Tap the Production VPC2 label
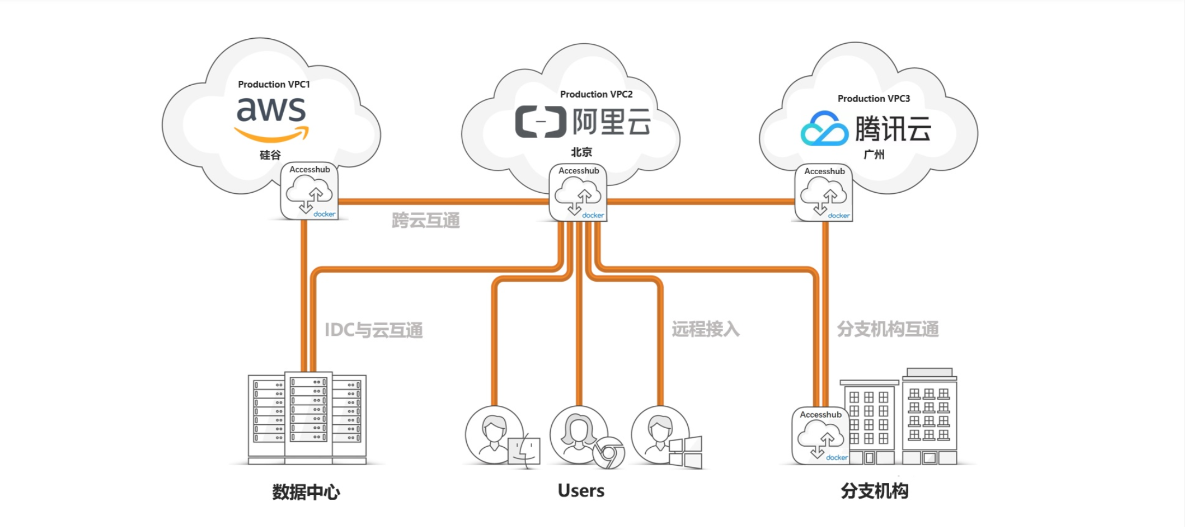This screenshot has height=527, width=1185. click(x=596, y=94)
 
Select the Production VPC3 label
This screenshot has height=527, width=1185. click(x=873, y=99)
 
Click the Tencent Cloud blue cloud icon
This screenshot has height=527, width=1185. click(x=824, y=129)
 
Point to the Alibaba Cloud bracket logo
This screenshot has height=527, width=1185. click(x=540, y=122)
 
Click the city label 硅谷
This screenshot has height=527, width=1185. click(x=270, y=155)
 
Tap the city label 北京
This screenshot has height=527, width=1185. click(x=581, y=152)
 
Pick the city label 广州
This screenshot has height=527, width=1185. click(x=874, y=155)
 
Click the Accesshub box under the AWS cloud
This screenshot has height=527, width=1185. click(x=309, y=192)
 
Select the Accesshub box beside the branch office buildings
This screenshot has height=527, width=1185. click(x=820, y=436)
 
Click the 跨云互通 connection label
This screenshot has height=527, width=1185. click(x=426, y=221)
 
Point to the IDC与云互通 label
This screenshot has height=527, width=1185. click(x=373, y=330)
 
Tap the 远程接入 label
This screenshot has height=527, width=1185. click(x=705, y=329)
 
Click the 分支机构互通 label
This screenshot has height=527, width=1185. click(x=888, y=329)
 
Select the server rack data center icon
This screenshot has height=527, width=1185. click(x=307, y=418)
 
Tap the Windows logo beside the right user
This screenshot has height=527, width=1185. click(x=686, y=452)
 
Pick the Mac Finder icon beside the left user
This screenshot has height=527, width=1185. click(x=524, y=452)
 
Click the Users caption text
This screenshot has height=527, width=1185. click(x=581, y=491)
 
